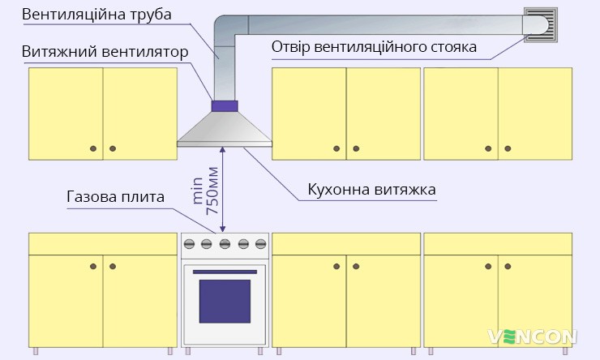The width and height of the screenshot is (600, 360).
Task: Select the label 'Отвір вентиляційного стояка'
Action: click(374, 47)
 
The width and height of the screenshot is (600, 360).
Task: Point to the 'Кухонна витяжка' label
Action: click(372, 190)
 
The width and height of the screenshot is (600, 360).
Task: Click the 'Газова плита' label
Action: click(115, 197)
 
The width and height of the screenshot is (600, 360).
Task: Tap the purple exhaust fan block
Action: click(225, 105)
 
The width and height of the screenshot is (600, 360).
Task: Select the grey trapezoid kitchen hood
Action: click(225, 130)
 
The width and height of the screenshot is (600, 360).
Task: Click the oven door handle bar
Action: click(225, 271)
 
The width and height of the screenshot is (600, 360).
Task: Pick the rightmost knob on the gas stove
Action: click(260, 242)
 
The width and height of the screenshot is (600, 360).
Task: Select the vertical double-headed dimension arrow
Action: click(222, 190)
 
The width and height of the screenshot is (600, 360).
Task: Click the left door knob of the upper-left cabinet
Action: click(93, 148)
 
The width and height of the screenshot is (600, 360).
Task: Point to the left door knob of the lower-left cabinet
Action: click(93, 265)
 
